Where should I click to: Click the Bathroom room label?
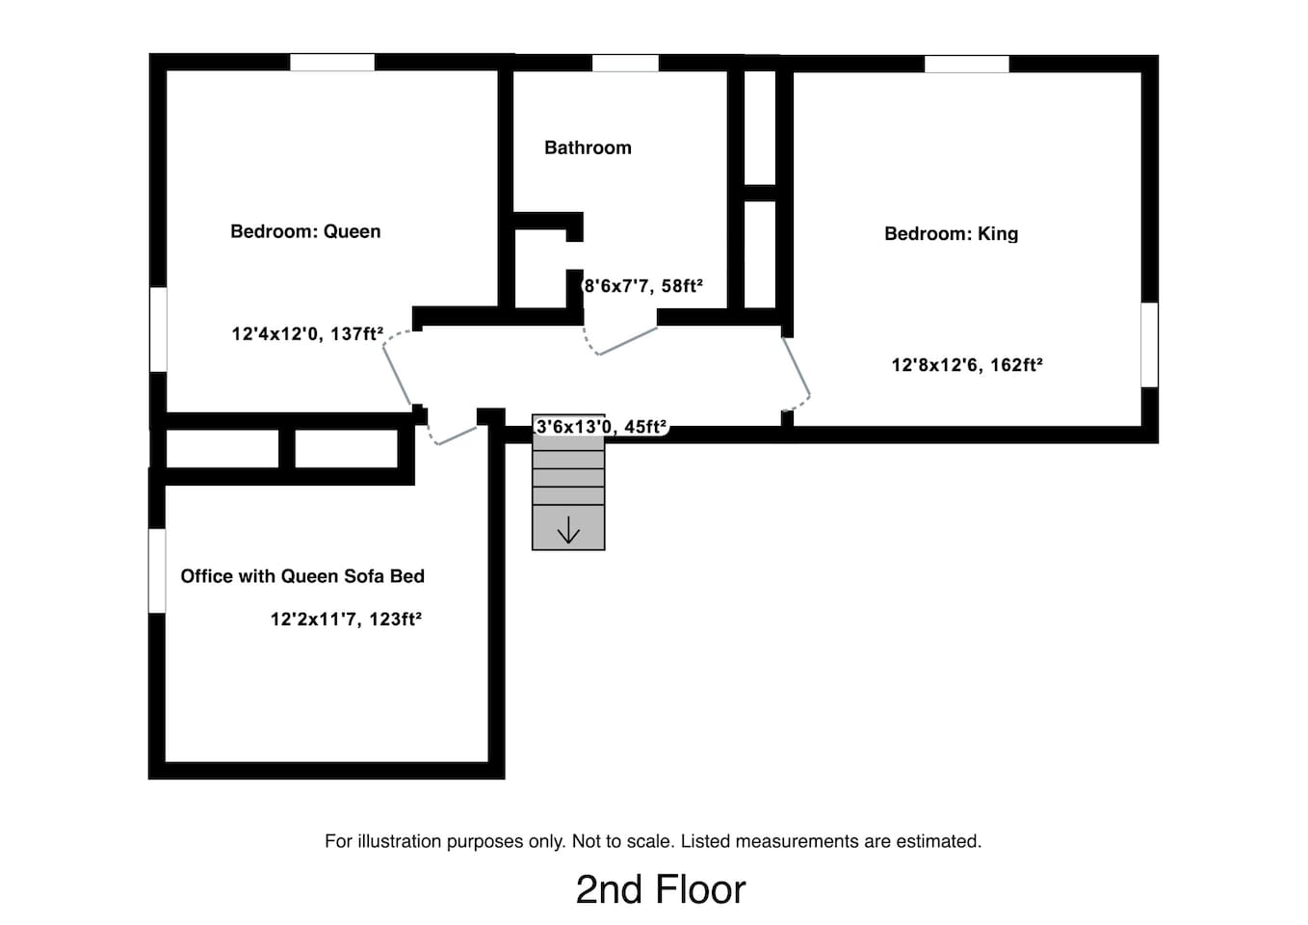[588, 147]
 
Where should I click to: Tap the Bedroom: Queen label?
[305, 232]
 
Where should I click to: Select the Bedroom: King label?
[952, 234]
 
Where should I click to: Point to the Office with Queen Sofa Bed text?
[302, 576]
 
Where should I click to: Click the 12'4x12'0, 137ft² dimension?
[307, 333]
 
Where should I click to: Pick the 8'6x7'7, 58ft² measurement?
[643, 285]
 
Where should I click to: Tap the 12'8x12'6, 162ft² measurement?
[967, 364]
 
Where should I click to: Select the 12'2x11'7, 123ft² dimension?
[346, 619]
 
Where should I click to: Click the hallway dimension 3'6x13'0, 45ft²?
[601, 426]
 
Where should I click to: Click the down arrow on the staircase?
[568, 530]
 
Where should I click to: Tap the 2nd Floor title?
[661, 890]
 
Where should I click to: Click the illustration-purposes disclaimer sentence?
[653, 841]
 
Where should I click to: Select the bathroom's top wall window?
[625, 63]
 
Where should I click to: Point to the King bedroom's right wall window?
[1150, 345]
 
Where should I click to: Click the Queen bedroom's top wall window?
[332, 63]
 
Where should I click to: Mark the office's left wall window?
[157, 570]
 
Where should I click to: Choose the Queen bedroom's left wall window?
[158, 330]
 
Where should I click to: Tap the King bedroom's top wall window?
[966, 65]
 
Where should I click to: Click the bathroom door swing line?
[629, 340]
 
